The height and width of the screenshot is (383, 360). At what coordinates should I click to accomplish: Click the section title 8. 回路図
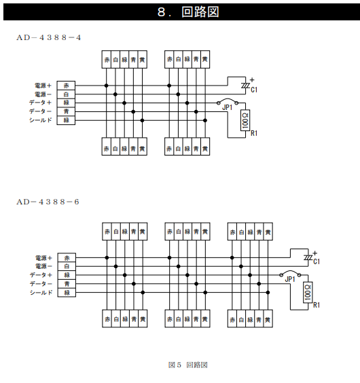pos(188,12)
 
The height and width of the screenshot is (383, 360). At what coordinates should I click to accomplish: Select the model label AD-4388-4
pos(49,37)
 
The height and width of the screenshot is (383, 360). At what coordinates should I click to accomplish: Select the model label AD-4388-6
pos(48,202)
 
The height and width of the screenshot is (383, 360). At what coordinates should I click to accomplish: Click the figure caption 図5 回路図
pos(188,365)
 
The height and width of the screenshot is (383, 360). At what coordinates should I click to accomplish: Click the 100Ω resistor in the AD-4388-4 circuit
pos(245,120)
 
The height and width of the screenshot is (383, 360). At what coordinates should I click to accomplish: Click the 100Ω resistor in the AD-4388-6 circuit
pos(308,293)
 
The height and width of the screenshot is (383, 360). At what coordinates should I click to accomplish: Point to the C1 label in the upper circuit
pos(254,90)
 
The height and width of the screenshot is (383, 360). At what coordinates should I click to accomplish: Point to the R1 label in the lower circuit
pos(317,305)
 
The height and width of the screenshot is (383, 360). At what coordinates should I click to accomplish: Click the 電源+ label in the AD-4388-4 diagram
pos(43,86)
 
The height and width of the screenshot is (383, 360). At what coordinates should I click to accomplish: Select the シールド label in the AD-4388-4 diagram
pos(41,120)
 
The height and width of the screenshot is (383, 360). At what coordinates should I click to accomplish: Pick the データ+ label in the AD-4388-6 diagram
pos(41,275)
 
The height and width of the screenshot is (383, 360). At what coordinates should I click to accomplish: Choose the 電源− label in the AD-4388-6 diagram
pos(43,266)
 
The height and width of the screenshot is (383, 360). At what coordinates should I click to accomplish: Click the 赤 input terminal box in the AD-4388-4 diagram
pos(66,86)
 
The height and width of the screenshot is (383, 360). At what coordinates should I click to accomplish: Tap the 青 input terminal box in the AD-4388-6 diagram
pos(67,284)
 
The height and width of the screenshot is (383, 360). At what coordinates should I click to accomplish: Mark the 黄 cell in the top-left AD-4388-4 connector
pos(143,59)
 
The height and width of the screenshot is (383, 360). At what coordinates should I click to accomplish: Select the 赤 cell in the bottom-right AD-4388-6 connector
pos(232,318)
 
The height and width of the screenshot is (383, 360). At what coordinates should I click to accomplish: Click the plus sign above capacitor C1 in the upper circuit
pos(252,79)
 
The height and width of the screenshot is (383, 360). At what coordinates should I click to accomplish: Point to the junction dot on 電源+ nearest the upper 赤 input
pos(107,86)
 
